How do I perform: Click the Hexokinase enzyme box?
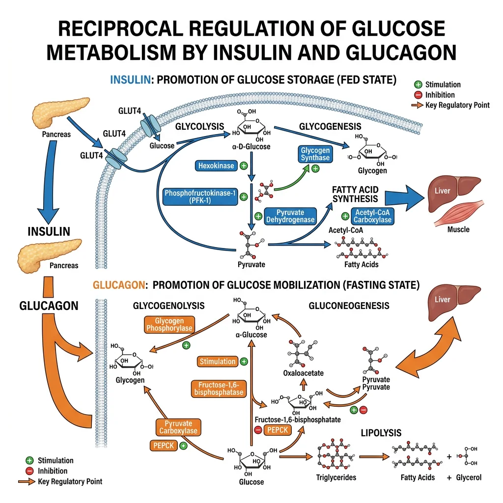pos(216,166)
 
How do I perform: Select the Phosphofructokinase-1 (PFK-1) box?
pos(198,197)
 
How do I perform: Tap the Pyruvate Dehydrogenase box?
pos(290,216)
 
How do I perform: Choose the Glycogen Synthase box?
pos(315,154)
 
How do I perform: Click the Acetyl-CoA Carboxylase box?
pos(373,216)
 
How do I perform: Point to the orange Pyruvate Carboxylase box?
pos(178,427)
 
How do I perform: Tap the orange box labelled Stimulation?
pos(217,362)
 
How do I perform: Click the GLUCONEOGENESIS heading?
pos(349,306)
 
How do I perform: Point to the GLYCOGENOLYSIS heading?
pos(168,306)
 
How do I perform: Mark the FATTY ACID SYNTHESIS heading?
pos(355,194)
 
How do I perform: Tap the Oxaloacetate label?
pos(304,373)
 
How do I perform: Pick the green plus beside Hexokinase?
pos(243,166)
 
